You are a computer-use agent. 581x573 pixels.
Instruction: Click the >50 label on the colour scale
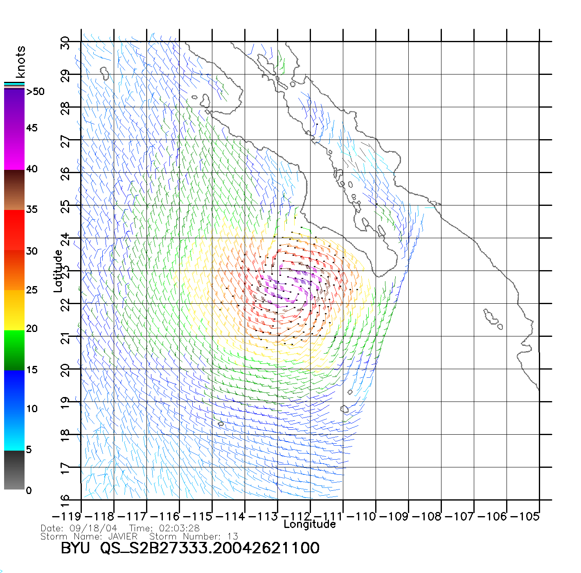pyautogui.click(x=35, y=92)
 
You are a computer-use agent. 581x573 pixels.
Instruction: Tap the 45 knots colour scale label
pyautogui.click(x=32, y=128)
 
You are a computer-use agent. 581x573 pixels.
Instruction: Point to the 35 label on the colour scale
pyautogui.click(x=32, y=210)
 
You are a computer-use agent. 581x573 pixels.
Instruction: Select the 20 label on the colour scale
pyautogui.click(x=32, y=328)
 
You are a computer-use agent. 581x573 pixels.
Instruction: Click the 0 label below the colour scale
pyautogui.click(x=29, y=490)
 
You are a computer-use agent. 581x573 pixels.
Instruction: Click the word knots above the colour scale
pyautogui.click(x=20, y=62)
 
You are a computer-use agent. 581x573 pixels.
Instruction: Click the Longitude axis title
pyautogui.click(x=310, y=524)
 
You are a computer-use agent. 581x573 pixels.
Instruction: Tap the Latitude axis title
pyautogui.click(x=58, y=271)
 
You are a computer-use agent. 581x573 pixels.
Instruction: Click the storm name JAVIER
pyautogui.click(x=123, y=536)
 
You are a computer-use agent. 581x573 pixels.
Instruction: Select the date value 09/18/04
pyautogui.click(x=93, y=528)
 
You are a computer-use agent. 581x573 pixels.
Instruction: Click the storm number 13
pyautogui.click(x=233, y=536)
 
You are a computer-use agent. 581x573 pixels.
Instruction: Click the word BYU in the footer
pyautogui.click(x=75, y=548)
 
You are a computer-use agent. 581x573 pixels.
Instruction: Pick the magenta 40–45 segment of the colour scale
pyautogui.click(x=14, y=149)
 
